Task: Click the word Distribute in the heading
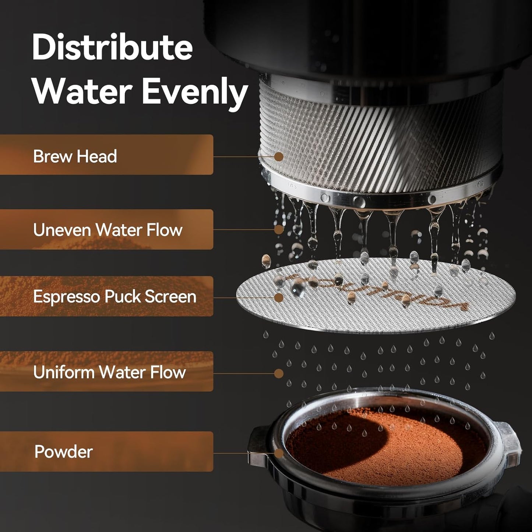coord(112,48)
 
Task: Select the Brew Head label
coord(75,156)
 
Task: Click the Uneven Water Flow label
coord(108,230)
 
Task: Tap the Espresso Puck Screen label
coord(114,297)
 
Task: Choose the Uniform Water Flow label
coord(109,372)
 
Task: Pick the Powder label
coord(63,452)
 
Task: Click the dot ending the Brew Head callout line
coord(279,156)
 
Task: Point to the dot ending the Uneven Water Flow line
coord(279,229)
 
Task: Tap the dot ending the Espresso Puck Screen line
coord(279,297)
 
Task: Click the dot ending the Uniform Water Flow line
coord(279,373)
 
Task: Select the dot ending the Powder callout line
coord(279,453)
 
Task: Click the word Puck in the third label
coord(123,297)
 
